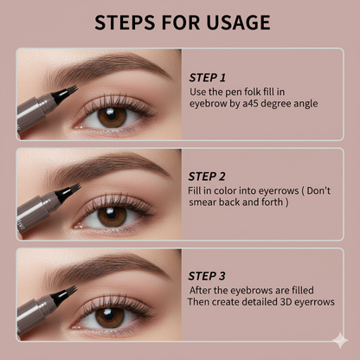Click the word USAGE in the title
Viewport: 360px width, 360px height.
coord(238,22)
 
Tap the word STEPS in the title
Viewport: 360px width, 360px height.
coord(125,22)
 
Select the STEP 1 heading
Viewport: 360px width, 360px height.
coord(207,78)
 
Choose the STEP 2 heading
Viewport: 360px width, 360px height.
coord(207,177)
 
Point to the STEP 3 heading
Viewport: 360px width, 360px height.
coord(207,276)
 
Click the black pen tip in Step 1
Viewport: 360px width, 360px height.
coord(65,93)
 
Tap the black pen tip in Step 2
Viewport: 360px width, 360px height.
coord(67,192)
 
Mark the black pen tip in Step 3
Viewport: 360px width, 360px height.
coord(65,294)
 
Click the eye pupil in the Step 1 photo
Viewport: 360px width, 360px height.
coord(111,115)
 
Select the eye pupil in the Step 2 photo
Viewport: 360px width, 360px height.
coord(111,215)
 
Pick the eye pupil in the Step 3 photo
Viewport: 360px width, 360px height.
coord(109,316)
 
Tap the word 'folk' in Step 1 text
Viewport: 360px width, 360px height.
coord(252,92)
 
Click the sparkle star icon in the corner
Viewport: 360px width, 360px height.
coord(340,340)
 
